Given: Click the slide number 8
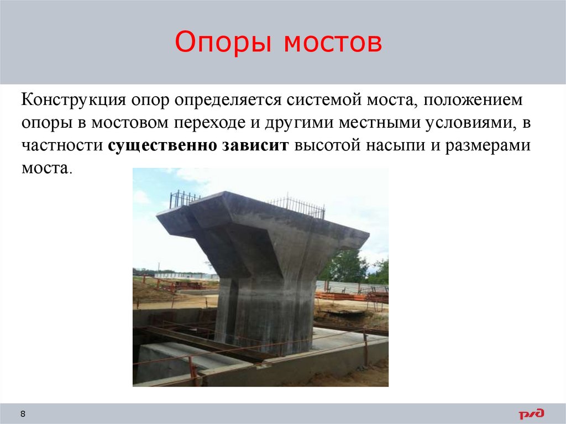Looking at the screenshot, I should pos(23,414).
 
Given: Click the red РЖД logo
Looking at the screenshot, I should pos(531,414).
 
